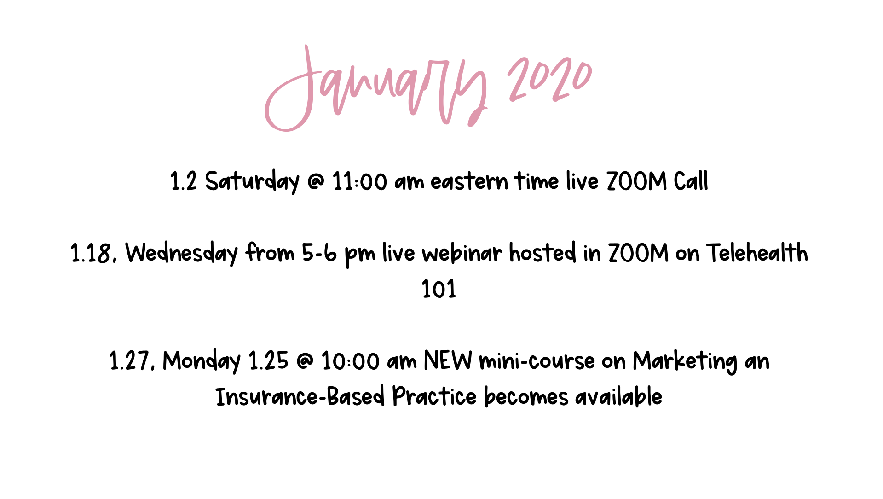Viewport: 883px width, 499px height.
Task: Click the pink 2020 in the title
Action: (x=550, y=79)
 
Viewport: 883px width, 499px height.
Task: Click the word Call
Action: (x=691, y=181)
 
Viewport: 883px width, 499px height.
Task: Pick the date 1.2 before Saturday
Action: (x=184, y=181)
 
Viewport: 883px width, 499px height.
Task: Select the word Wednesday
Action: (x=182, y=254)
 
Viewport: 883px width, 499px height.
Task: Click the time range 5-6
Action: (x=319, y=253)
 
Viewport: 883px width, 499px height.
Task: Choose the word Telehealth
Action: (x=757, y=253)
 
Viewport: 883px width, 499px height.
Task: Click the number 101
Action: (x=439, y=289)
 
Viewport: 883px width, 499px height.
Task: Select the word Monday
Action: (x=202, y=361)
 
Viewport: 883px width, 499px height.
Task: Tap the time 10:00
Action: (x=350, y=361)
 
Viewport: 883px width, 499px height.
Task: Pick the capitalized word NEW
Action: (x=448, y=360)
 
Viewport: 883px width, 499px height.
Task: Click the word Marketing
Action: (x=685, y=361)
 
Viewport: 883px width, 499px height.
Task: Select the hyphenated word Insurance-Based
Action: (x=300, y=397)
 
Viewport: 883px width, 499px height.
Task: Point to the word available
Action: (x=618, y=397)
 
